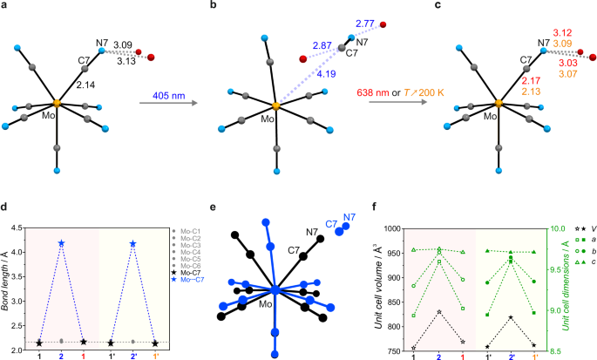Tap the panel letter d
coord(5,207)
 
